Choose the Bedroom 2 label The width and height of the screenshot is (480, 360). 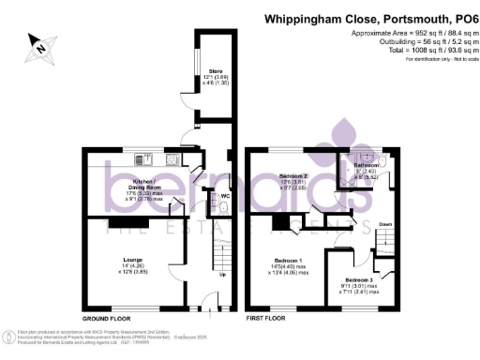coord(297,175)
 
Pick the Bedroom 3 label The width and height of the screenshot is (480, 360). coord(356,280)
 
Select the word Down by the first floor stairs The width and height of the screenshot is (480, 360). coord(385,226)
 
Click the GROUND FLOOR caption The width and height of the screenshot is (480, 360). coord(105,319)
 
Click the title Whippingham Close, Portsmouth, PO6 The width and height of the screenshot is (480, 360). coord(370,17)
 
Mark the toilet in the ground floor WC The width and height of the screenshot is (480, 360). coord(223,208)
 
